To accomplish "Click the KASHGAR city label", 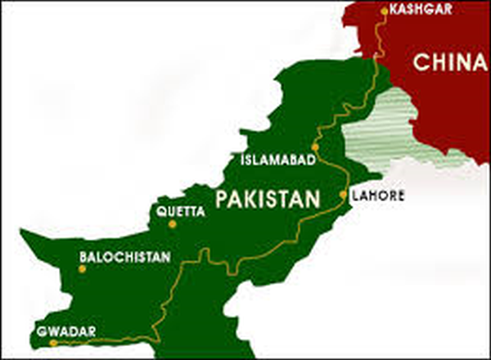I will tap(417, 11).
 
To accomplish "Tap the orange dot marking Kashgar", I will tap(385, 11).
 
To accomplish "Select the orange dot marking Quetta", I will tap(151, 217).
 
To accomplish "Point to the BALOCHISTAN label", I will tap(125, 257).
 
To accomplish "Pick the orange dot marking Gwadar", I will tap(54, 344).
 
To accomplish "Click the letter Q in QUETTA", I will tap(160, 209).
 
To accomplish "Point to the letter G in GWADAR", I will tap(39, 331).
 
